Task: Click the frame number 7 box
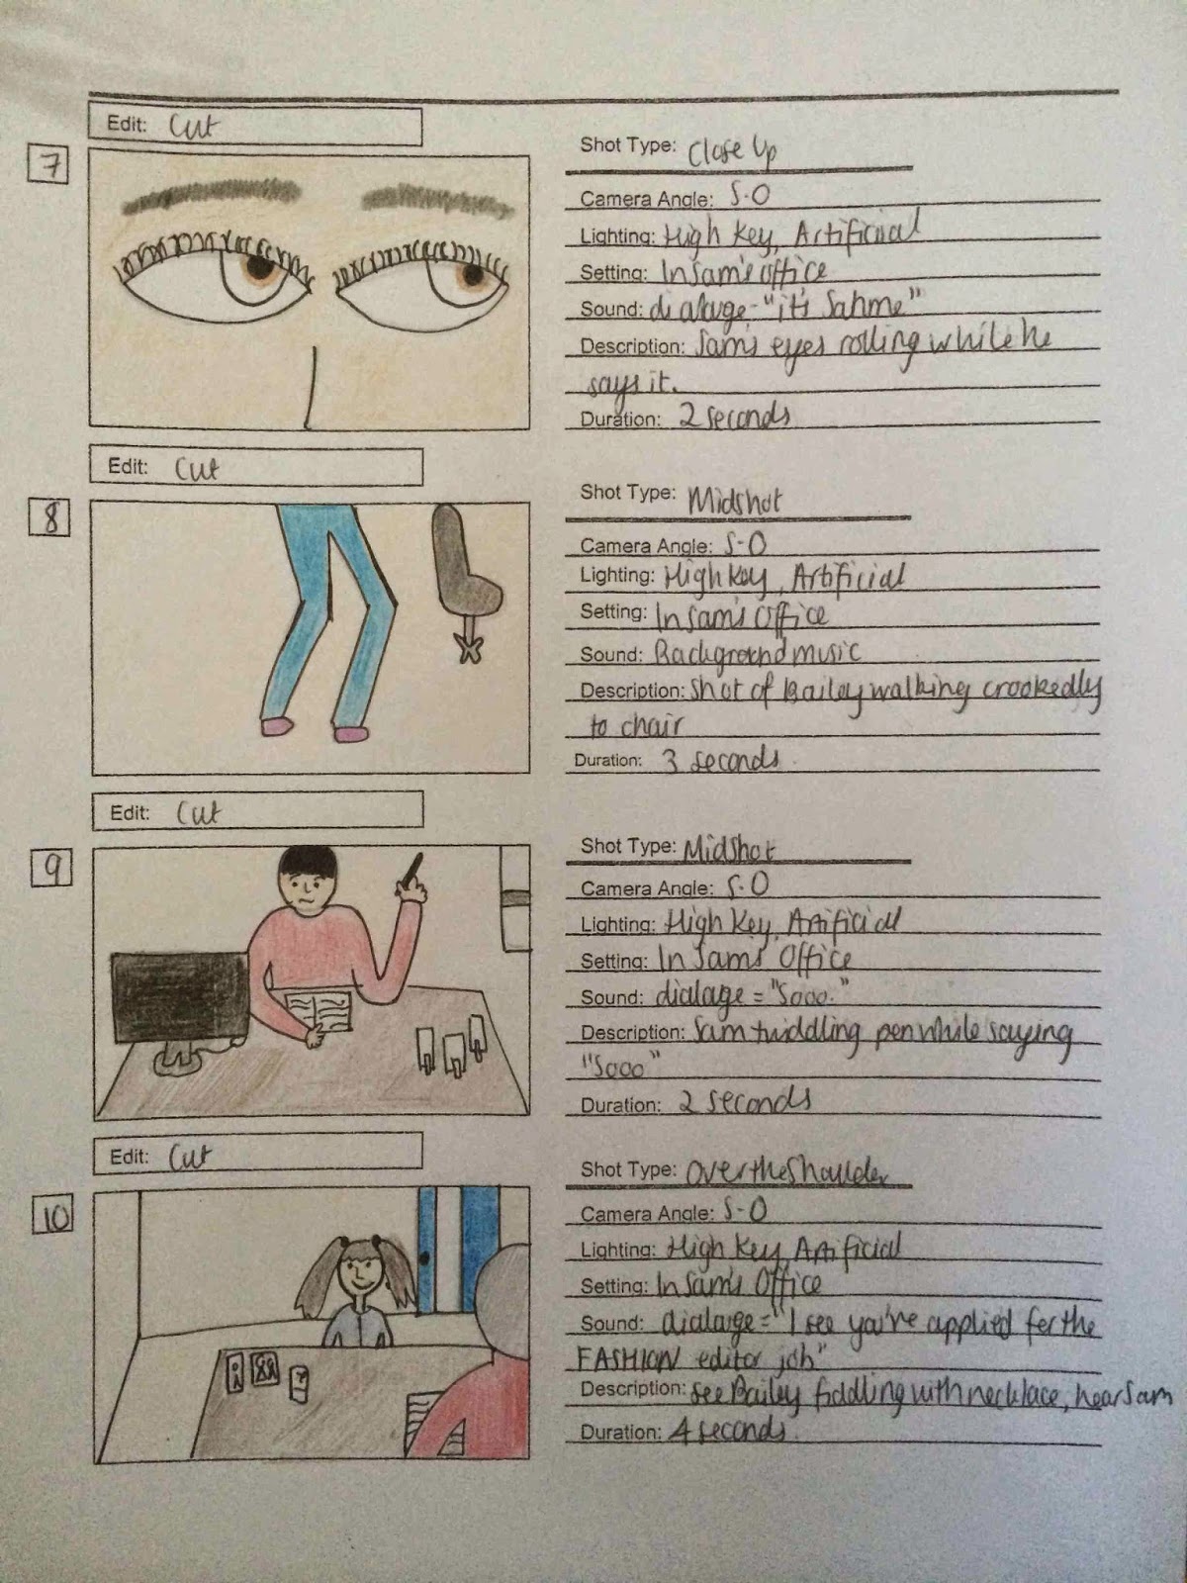47,165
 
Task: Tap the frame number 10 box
53,1214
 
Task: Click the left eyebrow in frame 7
210,196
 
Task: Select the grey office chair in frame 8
465,574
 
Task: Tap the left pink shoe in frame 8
276,727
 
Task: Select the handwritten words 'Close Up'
732,150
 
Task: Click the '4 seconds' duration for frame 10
729,1432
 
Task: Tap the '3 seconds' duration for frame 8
720,761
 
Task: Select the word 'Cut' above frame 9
198,813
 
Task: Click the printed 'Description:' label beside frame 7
631,347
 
